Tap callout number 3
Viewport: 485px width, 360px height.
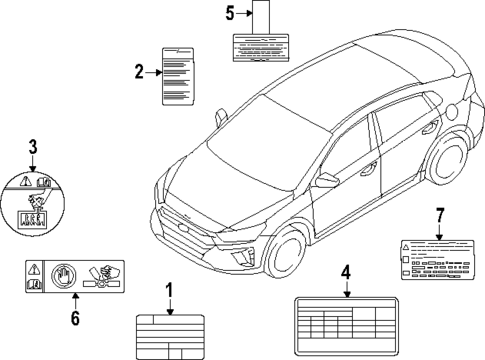click(33, 149)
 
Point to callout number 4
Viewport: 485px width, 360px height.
click(345, 270)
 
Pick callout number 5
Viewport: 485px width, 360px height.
click(229, 13)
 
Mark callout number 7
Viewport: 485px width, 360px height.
click(436, 215)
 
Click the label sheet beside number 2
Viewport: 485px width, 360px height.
click(179, 75)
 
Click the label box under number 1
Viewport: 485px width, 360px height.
click(169, 337)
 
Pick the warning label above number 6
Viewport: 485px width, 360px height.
click(74, 275)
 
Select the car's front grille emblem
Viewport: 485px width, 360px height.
click(183, 219)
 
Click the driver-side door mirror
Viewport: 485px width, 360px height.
click(327, 181)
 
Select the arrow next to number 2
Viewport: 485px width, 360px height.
click(151, 71)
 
